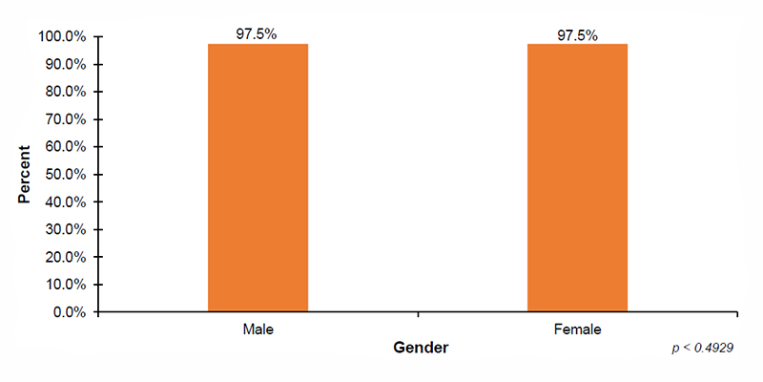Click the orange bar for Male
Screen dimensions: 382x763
(x=258, y=178)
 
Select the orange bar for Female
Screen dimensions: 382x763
(x=577, y=178)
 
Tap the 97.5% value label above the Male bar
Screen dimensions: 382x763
(x=258, y=34)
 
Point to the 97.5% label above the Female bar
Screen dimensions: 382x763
(x=577, y=35)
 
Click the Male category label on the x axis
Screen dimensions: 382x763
(x=258, y=329)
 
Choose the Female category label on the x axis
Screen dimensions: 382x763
(x=577, y=329)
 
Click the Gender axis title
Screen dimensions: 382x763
(x=421, y=348)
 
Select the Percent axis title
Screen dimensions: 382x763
(x=26, y=175)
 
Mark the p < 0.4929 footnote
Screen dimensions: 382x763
(x=703, y=350)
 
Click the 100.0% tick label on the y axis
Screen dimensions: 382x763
(x=63, y=37)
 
